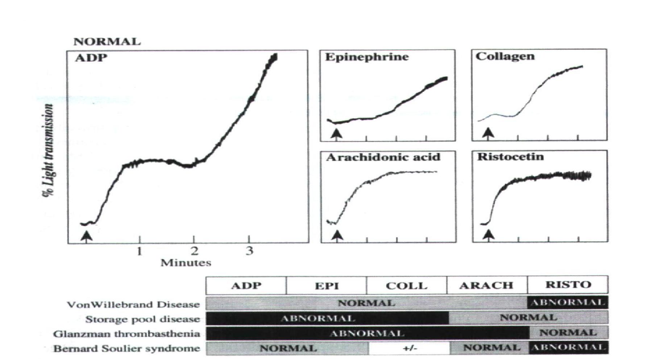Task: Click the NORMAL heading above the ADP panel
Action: pyautogui.click(x=107, y=42)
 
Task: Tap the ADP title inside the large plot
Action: pyautogui.click(x=91, y=58)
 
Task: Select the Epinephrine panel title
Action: pyautogui.click(x=367, y=57)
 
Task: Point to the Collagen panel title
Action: pyautogui.click(x=505, y=56)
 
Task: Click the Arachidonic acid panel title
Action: pyautogui.click(x=383, y=157)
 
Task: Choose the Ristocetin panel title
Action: pyautogui.click(x=510, y=157)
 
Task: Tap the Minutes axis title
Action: pyautogui.click(x=186, y=263)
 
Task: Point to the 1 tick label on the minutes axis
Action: pyautogui.click(x=140, y=251)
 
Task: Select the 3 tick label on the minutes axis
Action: pyautogui.click(x=249, y=251)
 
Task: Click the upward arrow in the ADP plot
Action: pyautogui.click(x=86, y=236)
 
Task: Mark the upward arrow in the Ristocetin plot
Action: pyautogui.click(x=489, y=235)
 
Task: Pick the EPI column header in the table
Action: pyautogui.click(x=327, y=286)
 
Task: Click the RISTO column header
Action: pyautogui.click(x=568, y=285)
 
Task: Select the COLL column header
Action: pyautogui.click(x=406, y=286)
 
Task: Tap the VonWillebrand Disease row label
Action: pyautogui.click(x=133, y=304)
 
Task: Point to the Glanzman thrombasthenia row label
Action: pyautogui.click(x=126, y=334)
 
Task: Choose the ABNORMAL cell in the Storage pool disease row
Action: pyautogui.click(x=317, y=318)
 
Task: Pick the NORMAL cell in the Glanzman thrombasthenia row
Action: pyautogui.click(x=568, y=333)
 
